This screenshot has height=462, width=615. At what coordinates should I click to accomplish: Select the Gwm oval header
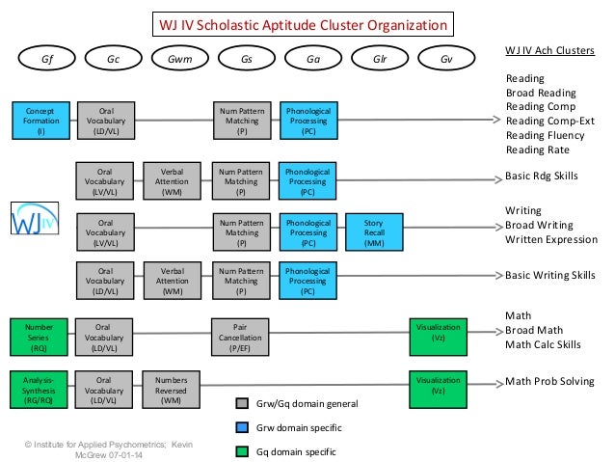click(x=179, y=58)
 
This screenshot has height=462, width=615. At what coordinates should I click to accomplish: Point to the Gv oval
click(x=445, y=58)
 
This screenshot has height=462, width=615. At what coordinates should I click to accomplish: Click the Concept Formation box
click(x=41, y=121)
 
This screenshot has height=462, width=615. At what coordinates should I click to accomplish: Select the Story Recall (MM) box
click(x=374, y=232)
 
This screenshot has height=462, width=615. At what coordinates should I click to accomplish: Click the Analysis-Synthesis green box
click(x=41, y=388)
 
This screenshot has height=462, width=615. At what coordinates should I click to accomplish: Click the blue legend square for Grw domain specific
click(x=242, y=426)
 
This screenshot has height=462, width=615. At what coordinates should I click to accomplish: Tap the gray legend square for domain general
click(x=242, y=402)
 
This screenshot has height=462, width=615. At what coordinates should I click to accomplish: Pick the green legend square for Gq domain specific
click(x=242, y=449)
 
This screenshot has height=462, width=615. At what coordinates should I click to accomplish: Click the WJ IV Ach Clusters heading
click(x=549, y=49)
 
